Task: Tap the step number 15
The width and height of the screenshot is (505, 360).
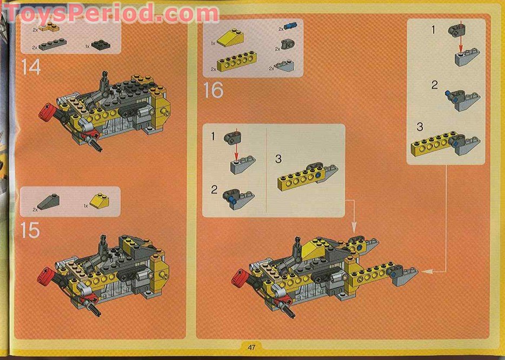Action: (31, 230)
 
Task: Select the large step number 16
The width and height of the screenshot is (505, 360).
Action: (213, 90)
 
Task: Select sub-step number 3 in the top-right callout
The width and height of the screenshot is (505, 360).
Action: (420, 128)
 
